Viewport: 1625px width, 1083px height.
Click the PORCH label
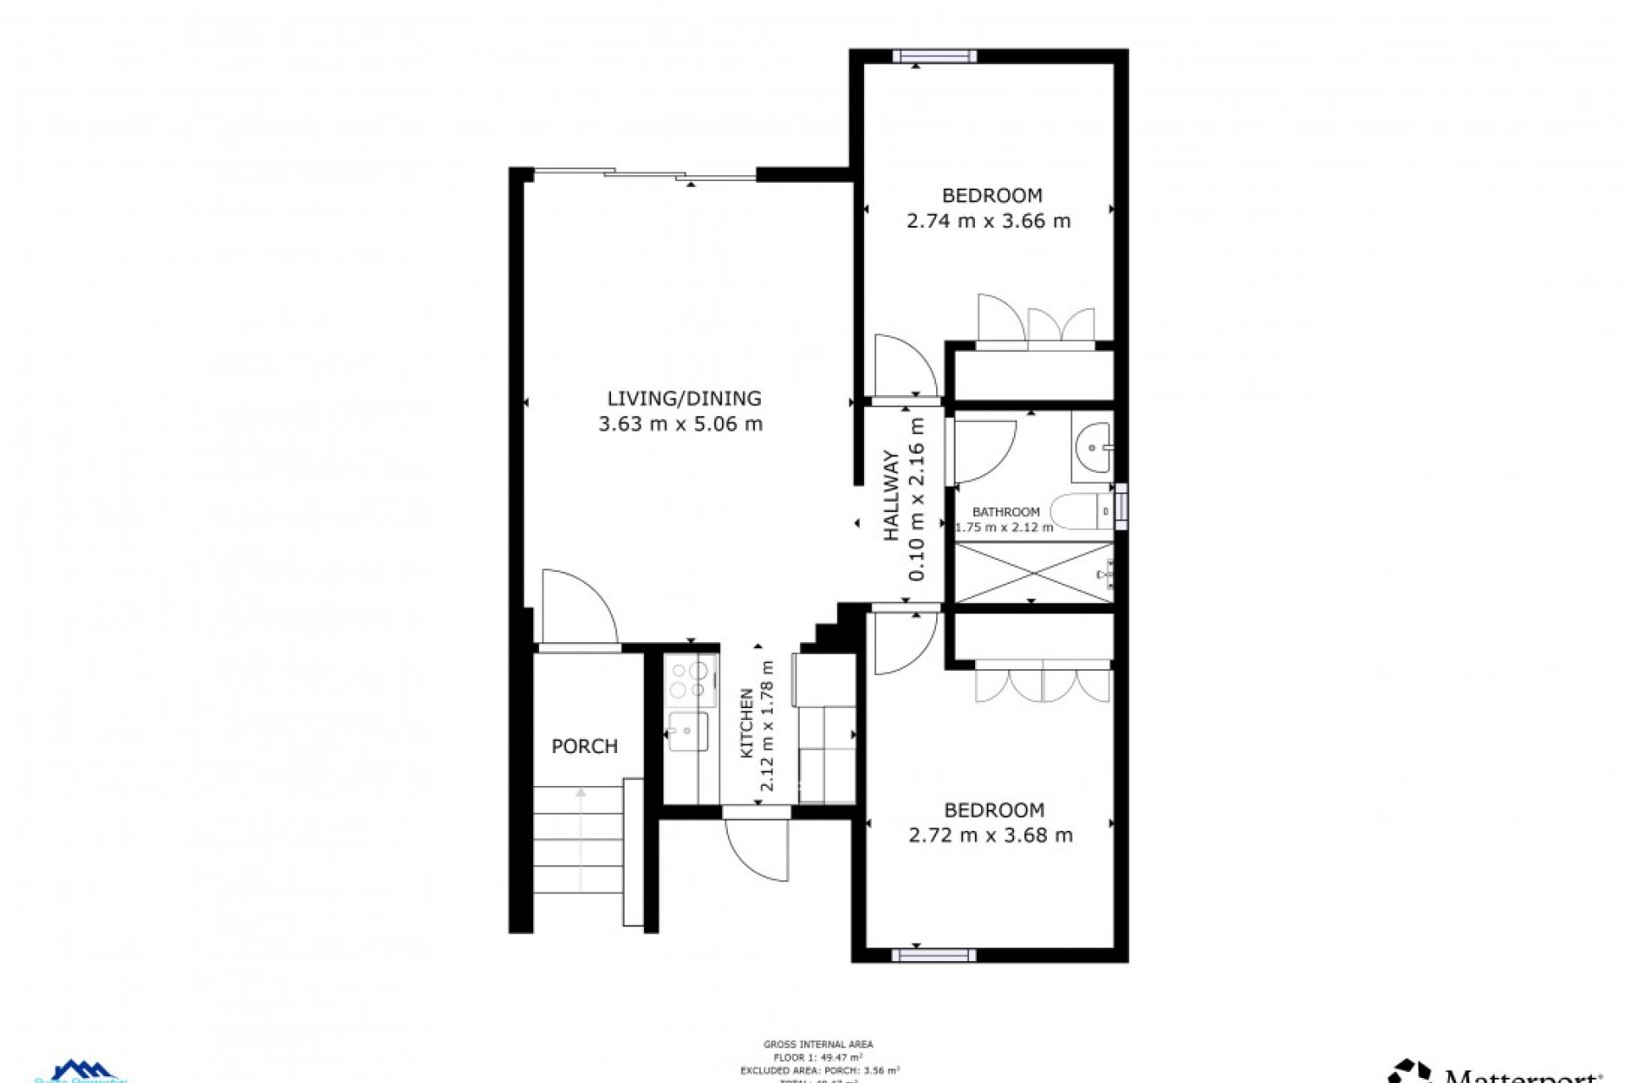(584, 746)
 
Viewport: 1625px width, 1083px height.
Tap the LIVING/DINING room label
(684, 398)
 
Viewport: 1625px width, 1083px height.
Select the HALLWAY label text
(892, 497)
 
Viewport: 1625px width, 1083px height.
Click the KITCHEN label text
(747, 723)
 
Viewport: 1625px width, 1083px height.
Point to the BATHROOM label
(1005, 512)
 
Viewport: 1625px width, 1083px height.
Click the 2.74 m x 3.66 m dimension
(988, 222)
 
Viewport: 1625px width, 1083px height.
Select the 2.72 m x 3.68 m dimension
(990, 836)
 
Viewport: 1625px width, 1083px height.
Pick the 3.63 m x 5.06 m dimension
(680, 424)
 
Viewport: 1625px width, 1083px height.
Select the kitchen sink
(688, 732)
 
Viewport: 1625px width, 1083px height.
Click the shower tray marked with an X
(1033, 573)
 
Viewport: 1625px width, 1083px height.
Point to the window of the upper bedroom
(934, 56)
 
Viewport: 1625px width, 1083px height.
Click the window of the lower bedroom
(934, 955)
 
